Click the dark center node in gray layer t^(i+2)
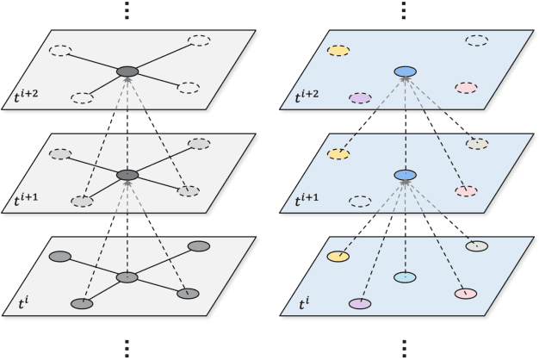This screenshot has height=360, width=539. click(127, 71)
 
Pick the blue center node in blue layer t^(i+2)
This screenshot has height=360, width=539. click(405, 71)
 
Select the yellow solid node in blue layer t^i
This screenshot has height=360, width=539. click(338, 257)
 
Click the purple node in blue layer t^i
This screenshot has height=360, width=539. click(359, 304)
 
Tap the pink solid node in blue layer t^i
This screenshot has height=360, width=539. click(466, 294)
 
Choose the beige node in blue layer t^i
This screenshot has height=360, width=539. click(477, 246)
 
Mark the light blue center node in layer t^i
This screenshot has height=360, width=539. click(405, 277)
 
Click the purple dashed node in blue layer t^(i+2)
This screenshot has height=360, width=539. click(359, 98)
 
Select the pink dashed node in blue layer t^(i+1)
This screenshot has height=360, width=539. click(466, 190)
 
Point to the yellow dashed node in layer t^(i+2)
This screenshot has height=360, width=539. click(338, 51)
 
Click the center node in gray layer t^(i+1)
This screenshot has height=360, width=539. click(127, 175)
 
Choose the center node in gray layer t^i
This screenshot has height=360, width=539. click(127, 277)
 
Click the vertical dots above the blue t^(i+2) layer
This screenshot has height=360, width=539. click(405, 10)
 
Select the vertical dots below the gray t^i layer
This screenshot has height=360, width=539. click(127, 348)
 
